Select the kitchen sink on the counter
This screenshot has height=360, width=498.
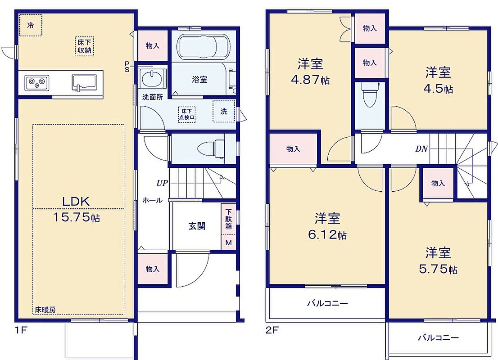(84, 82)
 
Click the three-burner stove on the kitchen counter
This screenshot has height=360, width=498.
(37, 83)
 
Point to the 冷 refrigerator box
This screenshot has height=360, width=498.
(30, 25)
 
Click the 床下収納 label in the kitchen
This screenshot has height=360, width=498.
(85, 46)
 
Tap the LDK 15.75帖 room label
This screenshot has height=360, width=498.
(76, 209)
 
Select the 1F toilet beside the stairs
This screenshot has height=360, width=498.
(211, 148)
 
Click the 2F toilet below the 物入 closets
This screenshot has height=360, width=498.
(370, 94)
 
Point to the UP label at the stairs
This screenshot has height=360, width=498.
(162, 183)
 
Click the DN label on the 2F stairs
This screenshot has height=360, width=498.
(421, 148)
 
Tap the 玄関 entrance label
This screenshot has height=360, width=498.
(197, 226)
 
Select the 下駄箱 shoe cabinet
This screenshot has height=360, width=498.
(229, 219)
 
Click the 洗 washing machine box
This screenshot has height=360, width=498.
(224, 111)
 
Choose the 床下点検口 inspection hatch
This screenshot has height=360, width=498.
(187, 114)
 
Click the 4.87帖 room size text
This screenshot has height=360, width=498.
(310, 79)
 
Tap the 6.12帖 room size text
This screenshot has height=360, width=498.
(327, 234)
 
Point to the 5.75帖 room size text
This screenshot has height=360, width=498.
(438, 269)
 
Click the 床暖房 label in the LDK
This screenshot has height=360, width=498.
(45, 310)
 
